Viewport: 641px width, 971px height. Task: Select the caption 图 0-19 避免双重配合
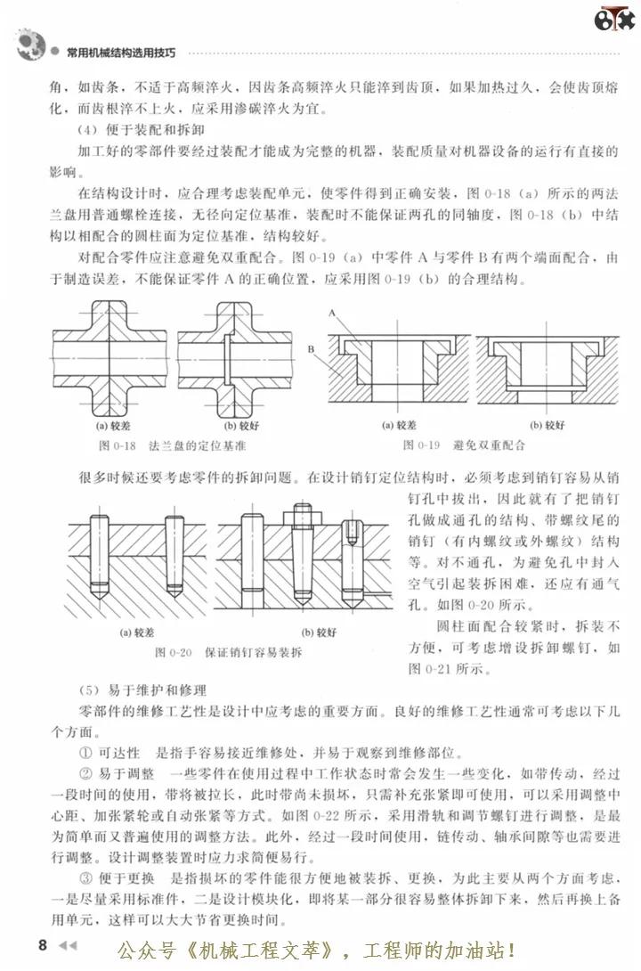tap(463, 443)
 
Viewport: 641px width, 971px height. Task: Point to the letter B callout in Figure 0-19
tap(312, 349)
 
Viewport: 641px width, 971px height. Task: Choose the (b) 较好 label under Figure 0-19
tap(548, 425)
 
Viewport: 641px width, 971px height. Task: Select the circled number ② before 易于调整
tap(85, 773)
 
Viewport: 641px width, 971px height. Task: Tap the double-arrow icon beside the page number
tap(68, 943)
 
